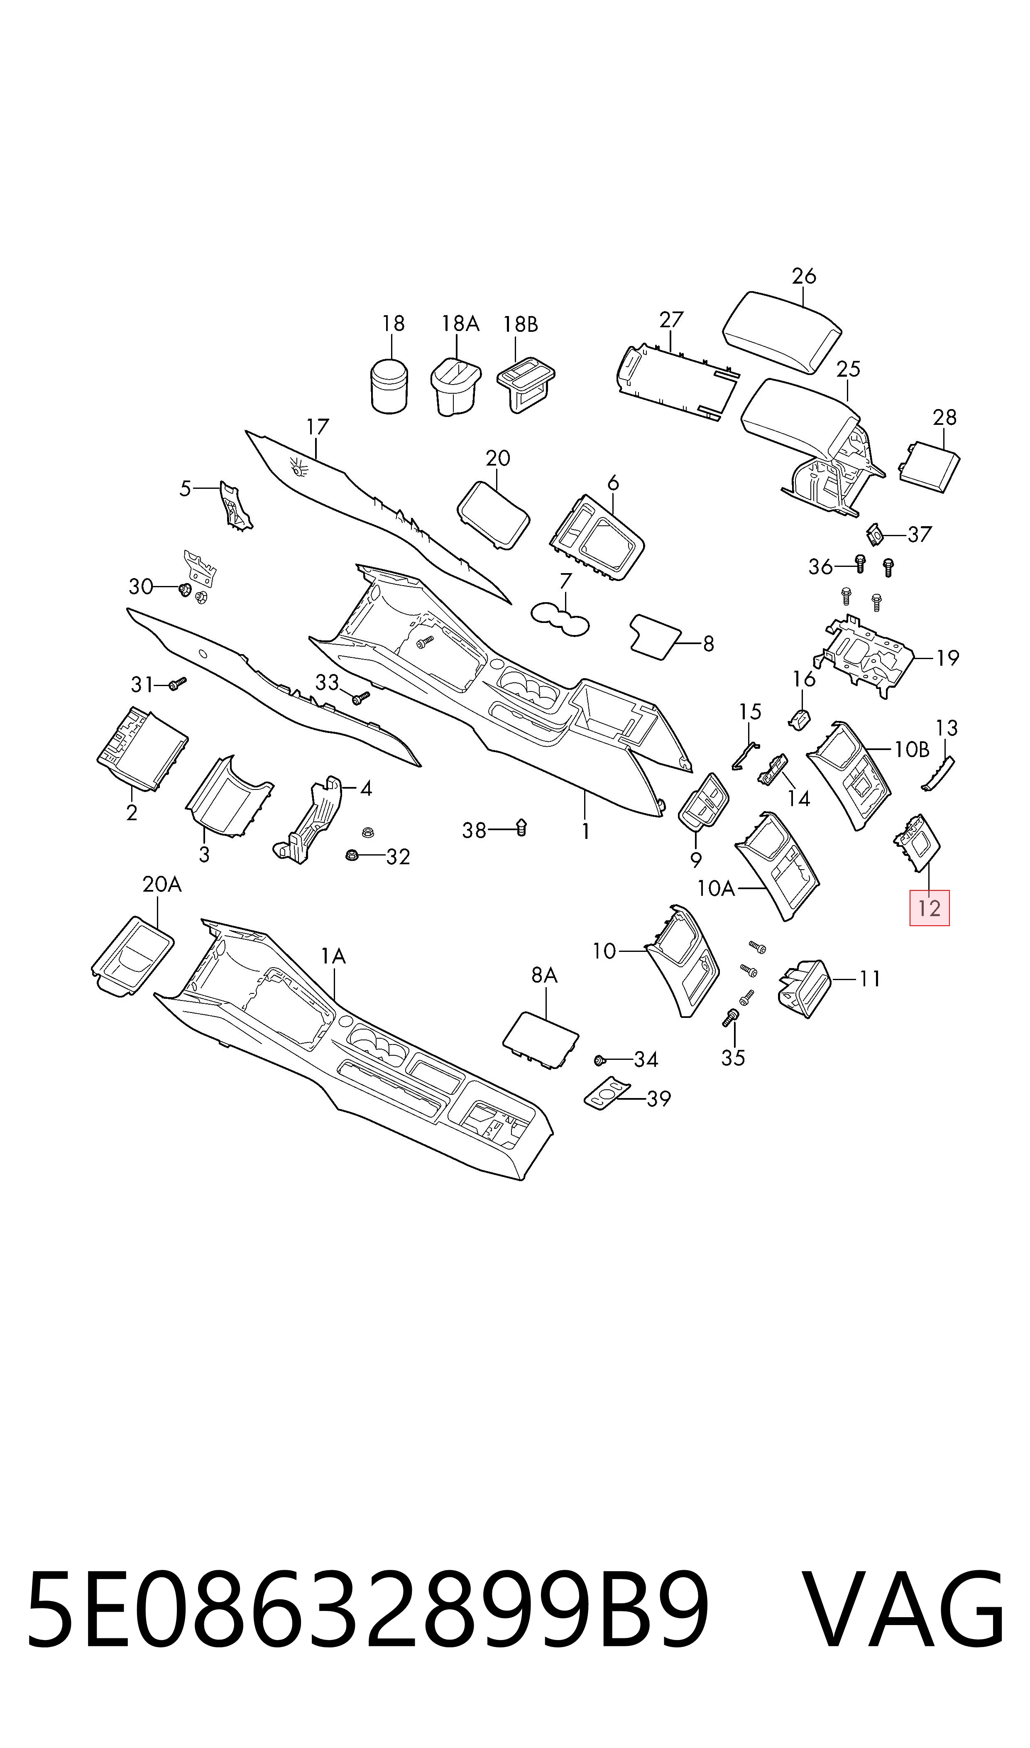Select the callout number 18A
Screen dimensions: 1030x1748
[x=460, y=324]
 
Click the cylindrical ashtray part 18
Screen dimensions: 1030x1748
[x=389, y=385]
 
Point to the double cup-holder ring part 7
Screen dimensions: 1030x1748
[x=559, y=618]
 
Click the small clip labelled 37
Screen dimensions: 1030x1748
[x=875, y=534]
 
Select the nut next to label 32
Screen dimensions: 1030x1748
[x=352, y=855]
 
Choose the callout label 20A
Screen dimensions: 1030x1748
[x=162, y=885]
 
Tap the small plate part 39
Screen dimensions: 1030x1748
[x=608, y=1094]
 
